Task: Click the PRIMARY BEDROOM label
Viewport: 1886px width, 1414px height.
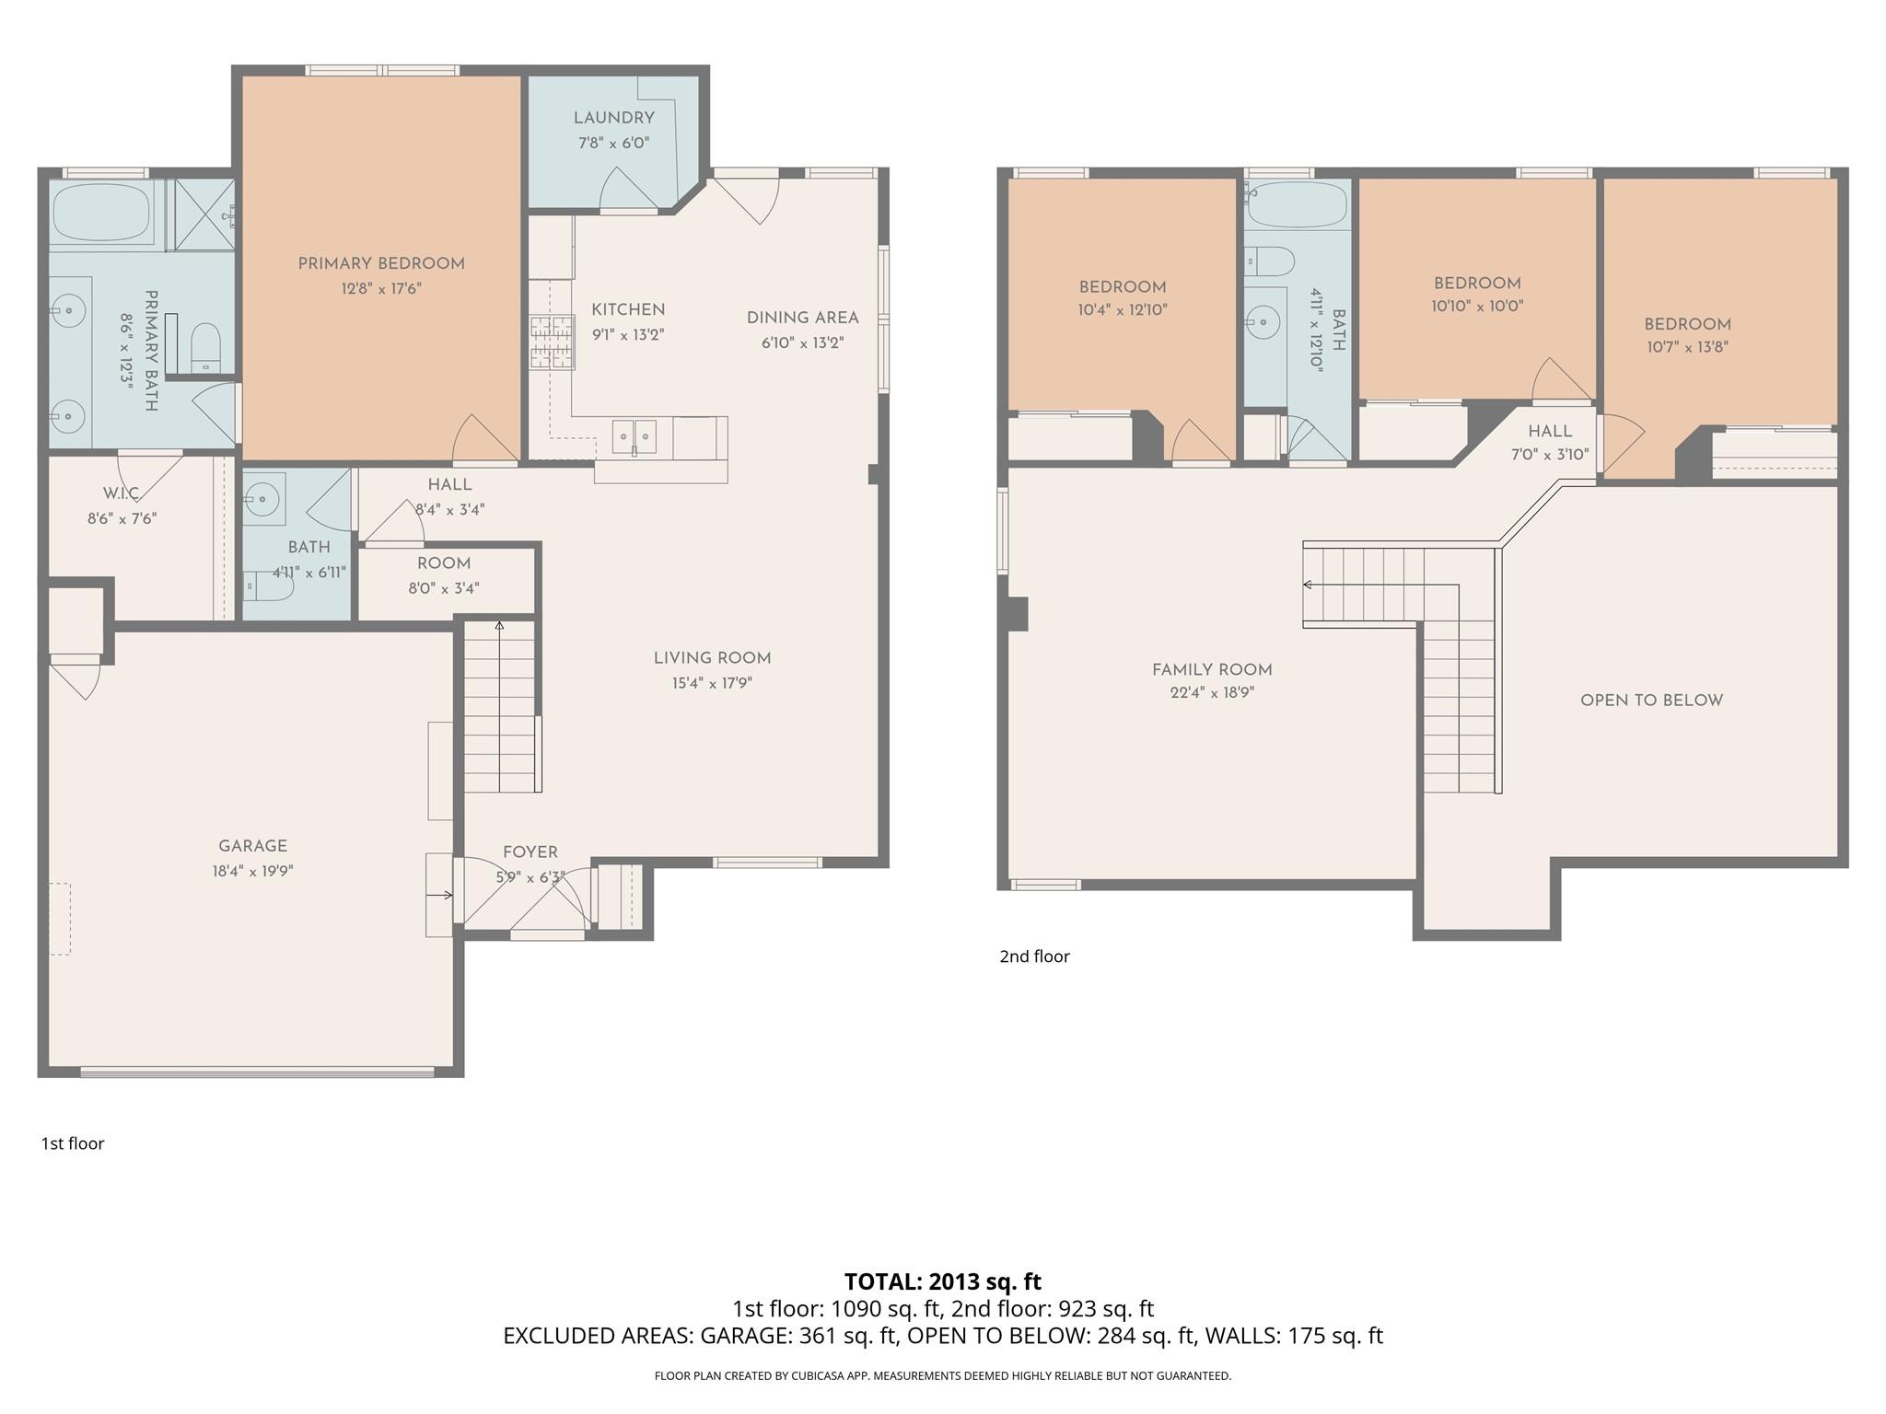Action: [x=381, y=264]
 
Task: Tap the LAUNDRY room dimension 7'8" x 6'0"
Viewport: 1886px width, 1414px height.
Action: [x=613, y=143]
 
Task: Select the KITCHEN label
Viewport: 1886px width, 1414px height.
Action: [x=628, y=310]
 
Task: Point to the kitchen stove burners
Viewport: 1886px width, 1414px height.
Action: [x=551, y=342]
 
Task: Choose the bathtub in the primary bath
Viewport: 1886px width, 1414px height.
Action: [x=101, y=212]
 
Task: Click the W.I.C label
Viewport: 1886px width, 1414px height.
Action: [x=122, y=494]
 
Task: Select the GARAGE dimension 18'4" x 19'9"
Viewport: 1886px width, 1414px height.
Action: [x=252, y=871]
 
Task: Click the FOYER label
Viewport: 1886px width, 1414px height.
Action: [x=530, y=852]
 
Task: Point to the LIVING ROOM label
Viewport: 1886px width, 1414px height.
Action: [x=712, y=658]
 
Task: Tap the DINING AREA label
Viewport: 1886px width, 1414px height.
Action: [x=802, y=319]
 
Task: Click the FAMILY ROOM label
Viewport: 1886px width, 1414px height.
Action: [x=1212, y=670]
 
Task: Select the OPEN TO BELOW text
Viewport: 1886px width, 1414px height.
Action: [x=1651, y=701]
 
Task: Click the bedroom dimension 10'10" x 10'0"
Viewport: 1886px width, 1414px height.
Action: [x=1477, y=307]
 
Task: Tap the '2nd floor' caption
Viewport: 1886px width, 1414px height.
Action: [x=1034, y=956]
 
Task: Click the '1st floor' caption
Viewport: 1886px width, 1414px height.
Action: [x=73, y=1143]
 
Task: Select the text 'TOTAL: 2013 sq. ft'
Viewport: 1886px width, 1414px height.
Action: [x=942, y=1281]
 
